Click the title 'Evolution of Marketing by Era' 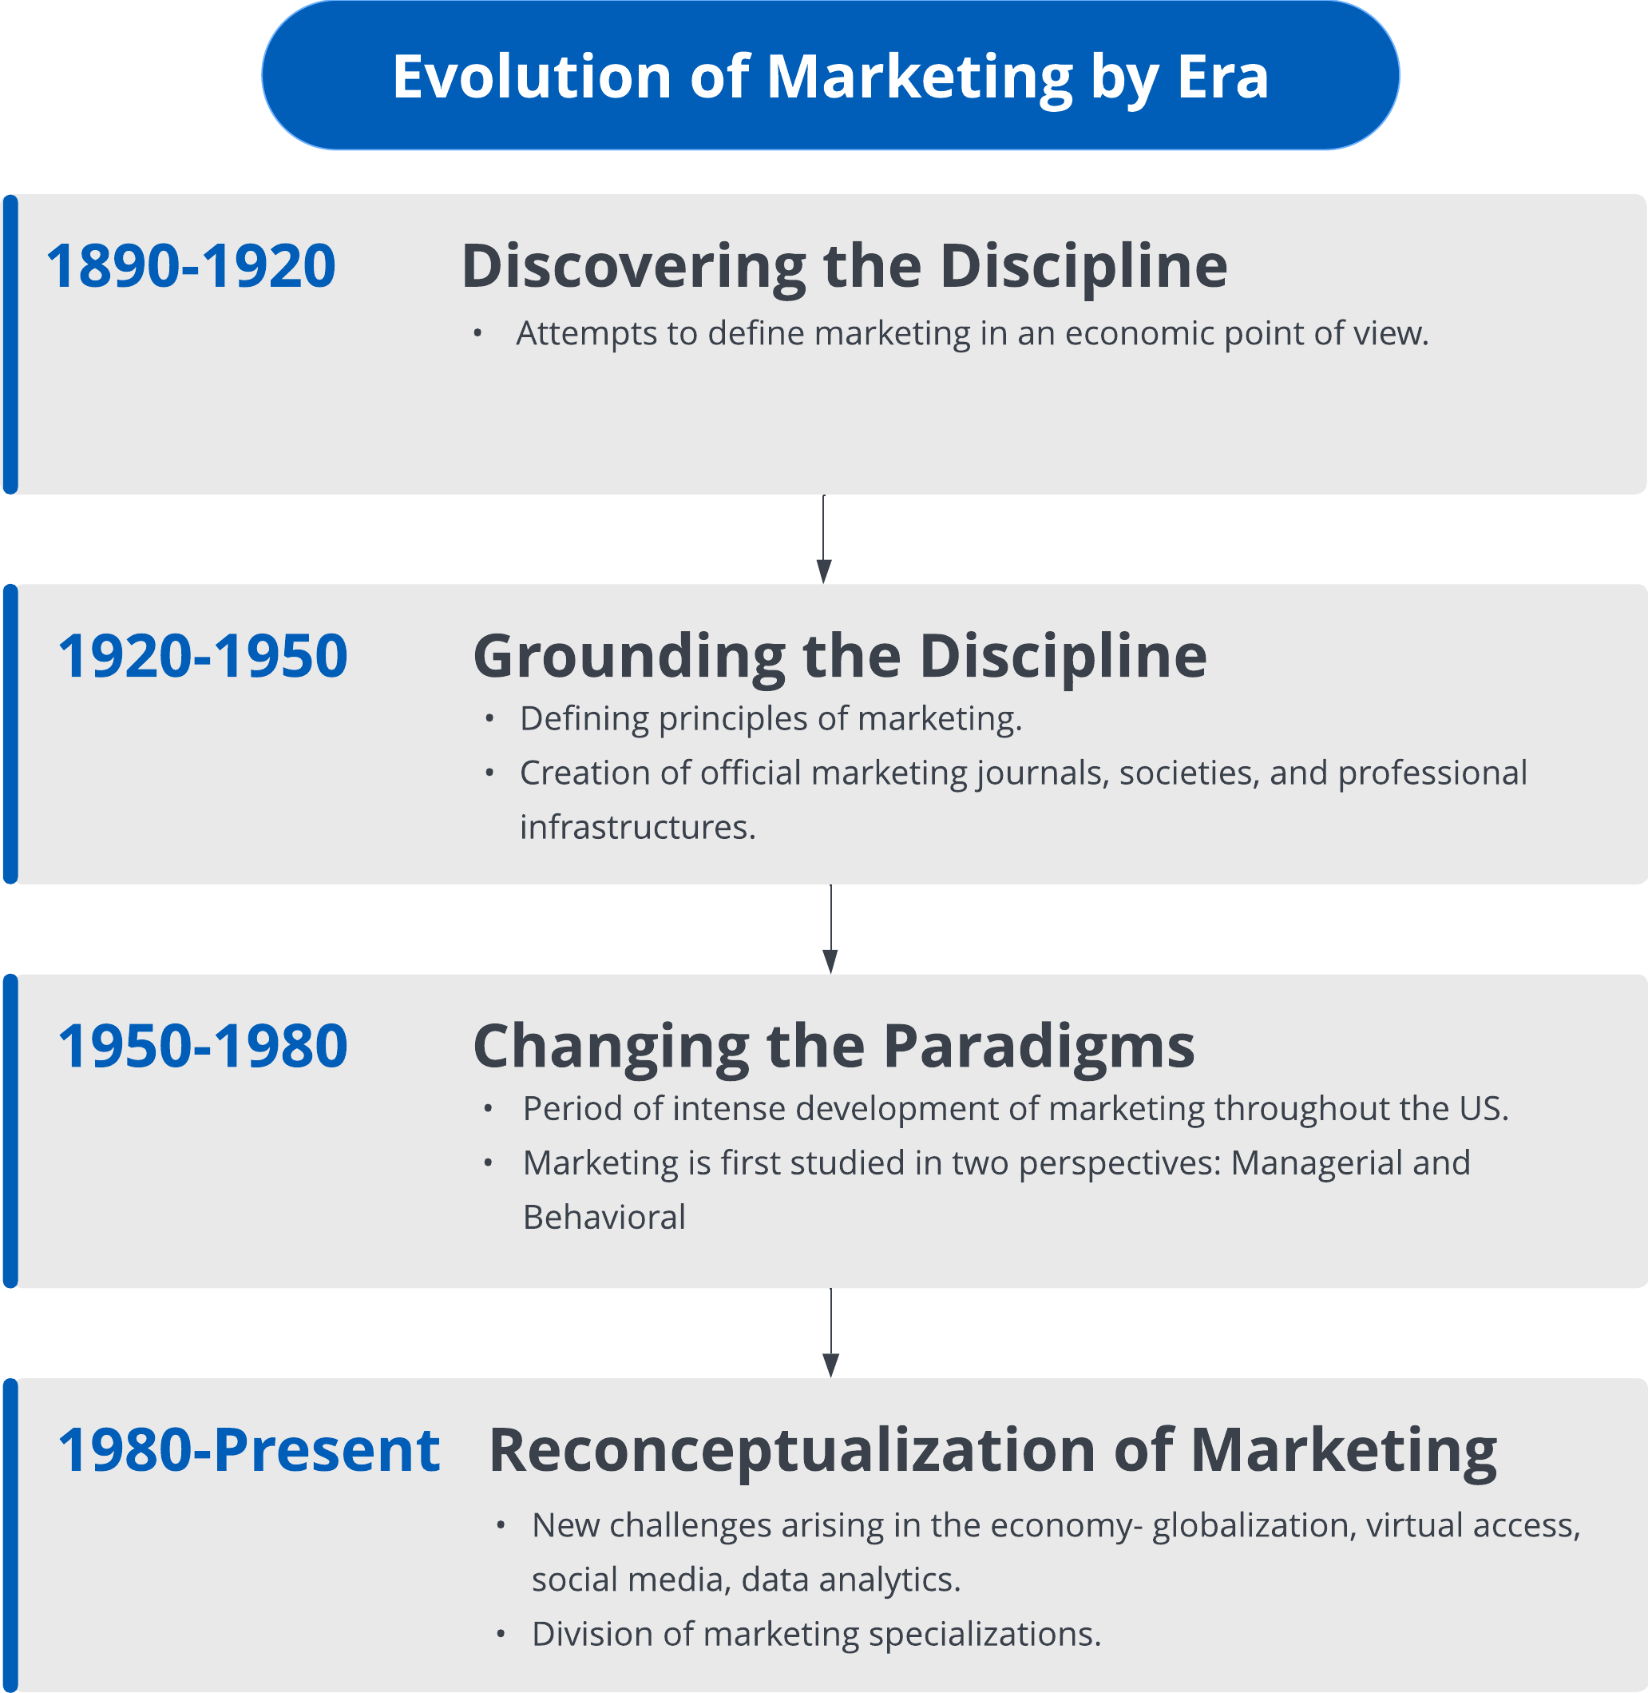(830, 77)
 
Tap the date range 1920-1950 (203, 656)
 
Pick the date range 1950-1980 (203, 1045)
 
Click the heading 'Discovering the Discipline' (844, 267)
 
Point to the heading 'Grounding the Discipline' (840, 658)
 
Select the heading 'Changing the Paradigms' (834, 1047)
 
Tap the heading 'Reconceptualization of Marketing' (992, 1452)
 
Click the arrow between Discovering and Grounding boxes (824, 539)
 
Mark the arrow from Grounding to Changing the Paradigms (831, 929)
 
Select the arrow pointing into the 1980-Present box (831, 1333)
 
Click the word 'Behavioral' (604, 1218)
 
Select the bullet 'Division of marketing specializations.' (816, 1635)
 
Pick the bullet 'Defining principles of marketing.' (771, 720)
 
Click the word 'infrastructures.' (638, 828)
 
